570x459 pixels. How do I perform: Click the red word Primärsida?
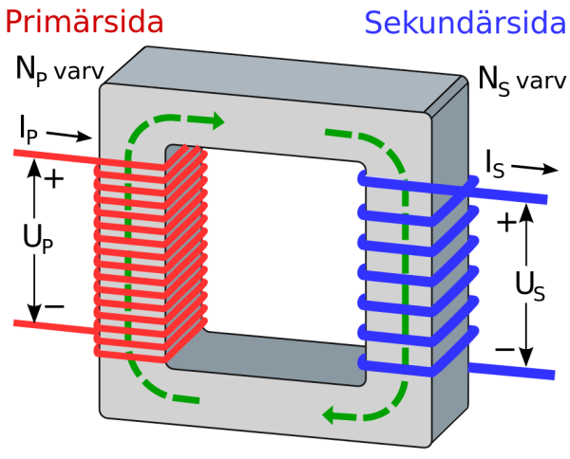click(x=84, y=22)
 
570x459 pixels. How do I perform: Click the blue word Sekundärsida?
click(x=465, y=22)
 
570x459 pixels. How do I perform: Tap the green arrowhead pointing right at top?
click(x=218, y=120)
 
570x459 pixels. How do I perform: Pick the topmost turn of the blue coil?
click(x=399, y=180)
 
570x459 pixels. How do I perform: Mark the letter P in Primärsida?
click(x=13, y=22)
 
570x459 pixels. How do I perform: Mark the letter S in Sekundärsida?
click(x=373, y=22)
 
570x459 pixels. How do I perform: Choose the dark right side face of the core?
click(x=450, y=285)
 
